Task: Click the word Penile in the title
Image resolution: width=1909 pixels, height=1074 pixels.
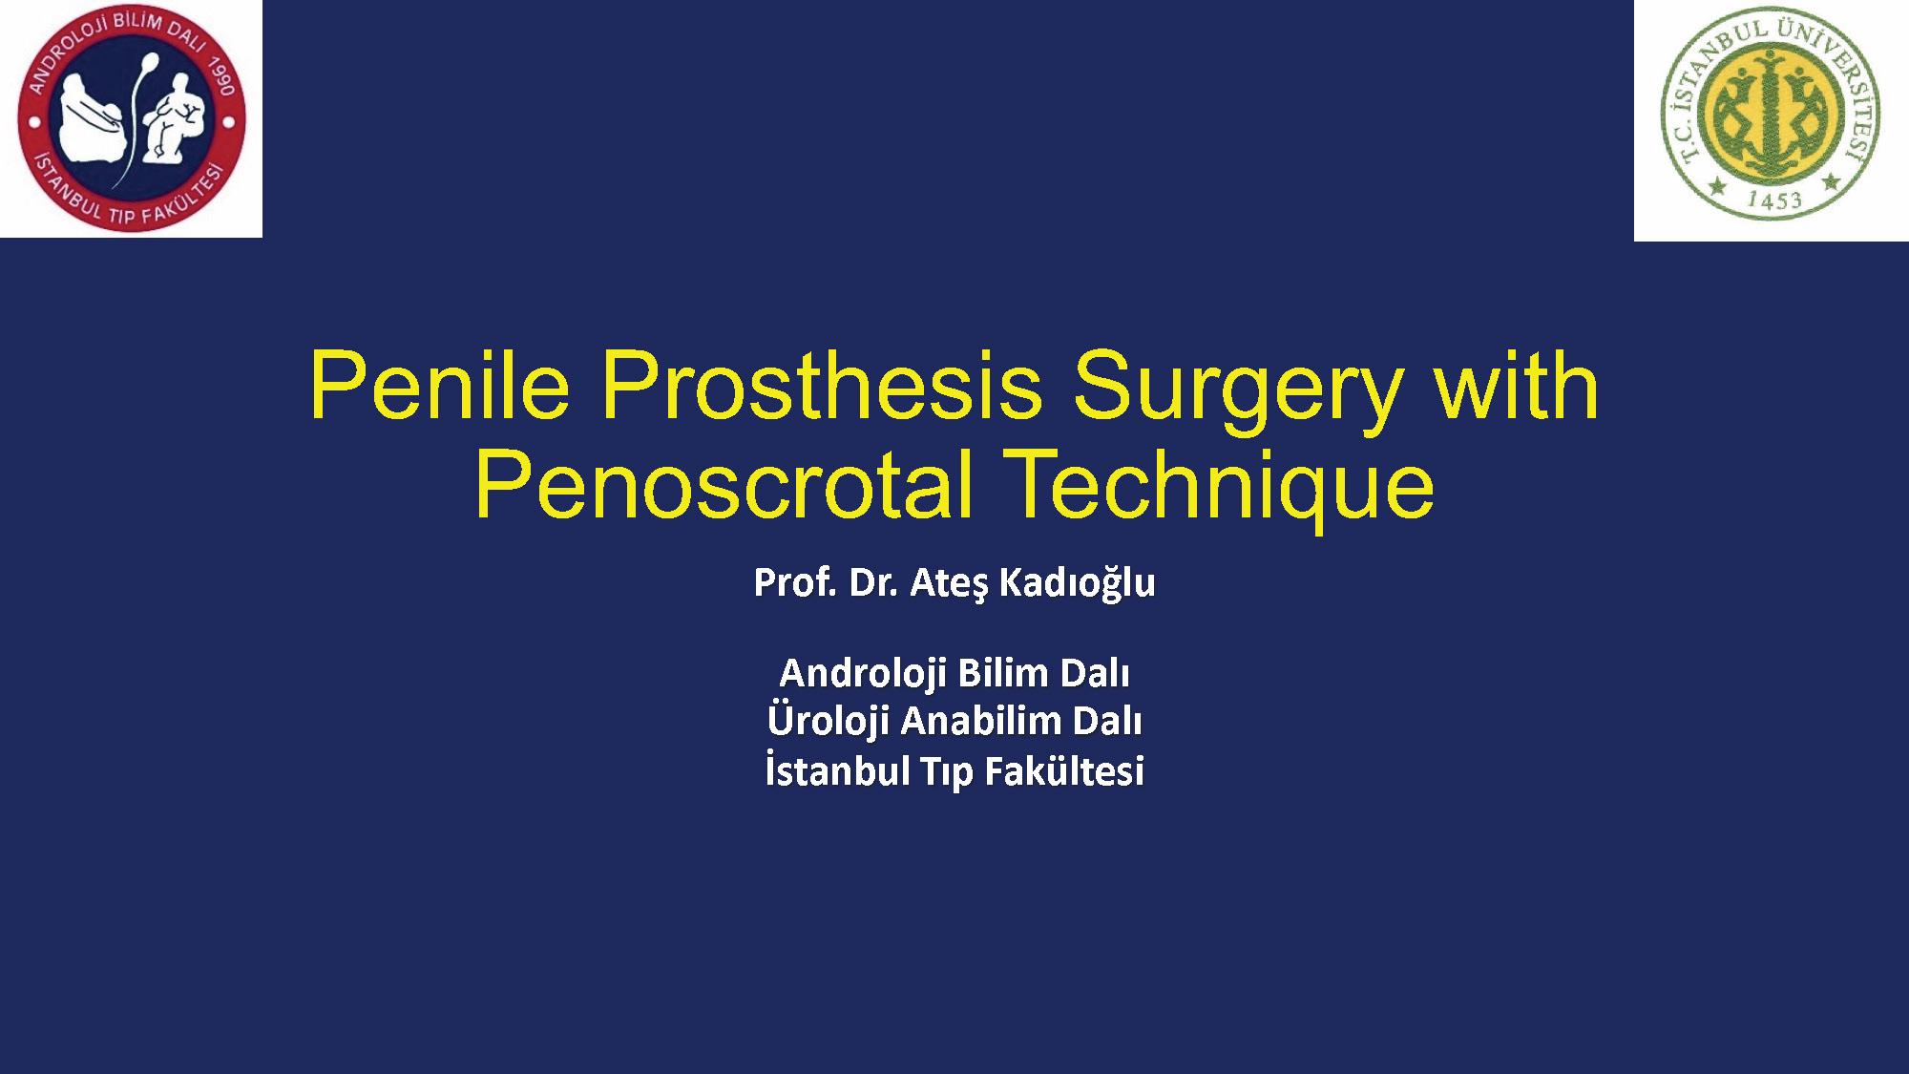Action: (x=440, y=386)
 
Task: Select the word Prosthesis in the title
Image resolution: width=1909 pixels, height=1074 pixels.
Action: (x=822, y=386)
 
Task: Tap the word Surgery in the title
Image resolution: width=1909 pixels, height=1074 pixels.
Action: (x=1238, y=392)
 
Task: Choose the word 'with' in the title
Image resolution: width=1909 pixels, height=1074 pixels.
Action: (x=1516, y=386)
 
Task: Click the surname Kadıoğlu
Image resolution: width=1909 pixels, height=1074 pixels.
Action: (x=1077, y=583)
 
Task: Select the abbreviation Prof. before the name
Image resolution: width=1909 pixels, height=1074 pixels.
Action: (x=795, y=582)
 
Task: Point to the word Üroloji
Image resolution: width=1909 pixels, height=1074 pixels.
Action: (x=828, y=721)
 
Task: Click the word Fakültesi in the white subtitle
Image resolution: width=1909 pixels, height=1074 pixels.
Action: (x=1064, y=771)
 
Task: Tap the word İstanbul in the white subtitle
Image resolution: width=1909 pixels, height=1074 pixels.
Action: (x=837, y=770)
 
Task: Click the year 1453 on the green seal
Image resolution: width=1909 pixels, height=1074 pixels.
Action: (x=1773, y=200)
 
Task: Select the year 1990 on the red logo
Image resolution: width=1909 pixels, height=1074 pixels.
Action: (x=221, y=76)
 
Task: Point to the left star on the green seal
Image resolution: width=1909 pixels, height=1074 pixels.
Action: (x=1717, y=185)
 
